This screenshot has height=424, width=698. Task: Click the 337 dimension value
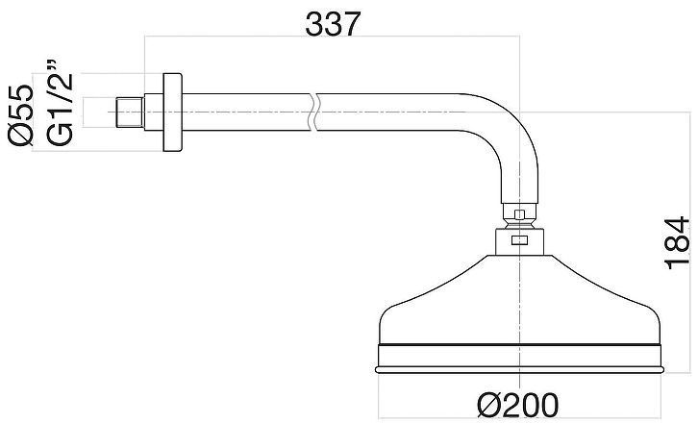point(333,23)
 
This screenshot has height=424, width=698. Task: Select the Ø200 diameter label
point(520,405)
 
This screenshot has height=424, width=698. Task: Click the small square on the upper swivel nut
point(520,215)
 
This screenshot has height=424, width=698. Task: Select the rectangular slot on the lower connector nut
point(520,242)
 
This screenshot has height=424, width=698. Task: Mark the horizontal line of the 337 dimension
point(240,38)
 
